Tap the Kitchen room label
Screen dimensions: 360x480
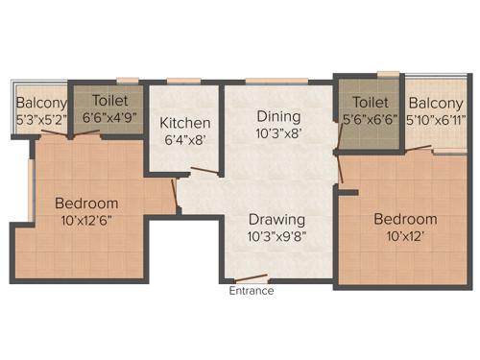point(185,123)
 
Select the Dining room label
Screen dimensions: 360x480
point(278,116)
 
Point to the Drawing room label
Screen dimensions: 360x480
point(276,218)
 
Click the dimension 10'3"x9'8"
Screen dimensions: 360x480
point(276,235)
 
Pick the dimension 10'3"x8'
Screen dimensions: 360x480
point(278,133)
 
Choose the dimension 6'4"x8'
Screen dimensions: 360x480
point(185,140)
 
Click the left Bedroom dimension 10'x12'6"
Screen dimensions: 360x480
point(86,220)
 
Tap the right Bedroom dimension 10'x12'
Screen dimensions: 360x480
point(405,235)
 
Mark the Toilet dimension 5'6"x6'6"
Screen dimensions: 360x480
point(370,120)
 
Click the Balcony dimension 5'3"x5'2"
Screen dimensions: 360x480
point(41,120)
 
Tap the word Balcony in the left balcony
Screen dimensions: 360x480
point(41,104)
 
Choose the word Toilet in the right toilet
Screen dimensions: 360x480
point(370,103)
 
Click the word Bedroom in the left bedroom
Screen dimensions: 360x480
point(86,203)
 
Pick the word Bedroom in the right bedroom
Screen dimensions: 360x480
point(405,218)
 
